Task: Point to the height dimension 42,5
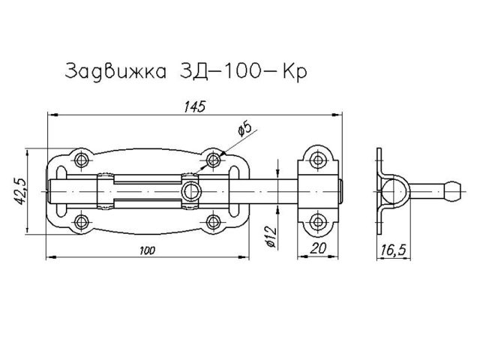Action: click(22, 190)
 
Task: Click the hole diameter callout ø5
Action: click(244, 130)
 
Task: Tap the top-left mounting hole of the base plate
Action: click(81, 159)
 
